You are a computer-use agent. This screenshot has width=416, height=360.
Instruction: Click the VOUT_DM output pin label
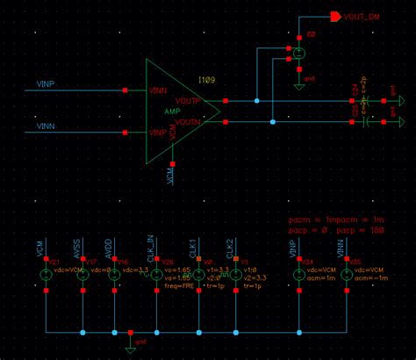pyautogui.click(x=363, y=17)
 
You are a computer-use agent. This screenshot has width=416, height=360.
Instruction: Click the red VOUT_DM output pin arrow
pyautogui.click(x=335, y=16)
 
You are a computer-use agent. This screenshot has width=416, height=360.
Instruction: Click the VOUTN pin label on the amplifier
pyautogui.click(x=190, y=122)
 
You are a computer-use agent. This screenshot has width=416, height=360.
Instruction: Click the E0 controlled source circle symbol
pyautogui.click(x=299, y=53)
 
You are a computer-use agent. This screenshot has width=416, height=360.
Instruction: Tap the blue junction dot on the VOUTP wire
pyautogui.click(x=257, y=100)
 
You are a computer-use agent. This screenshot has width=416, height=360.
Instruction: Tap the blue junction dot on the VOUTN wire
pyautogui.click(x=274, y=121)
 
